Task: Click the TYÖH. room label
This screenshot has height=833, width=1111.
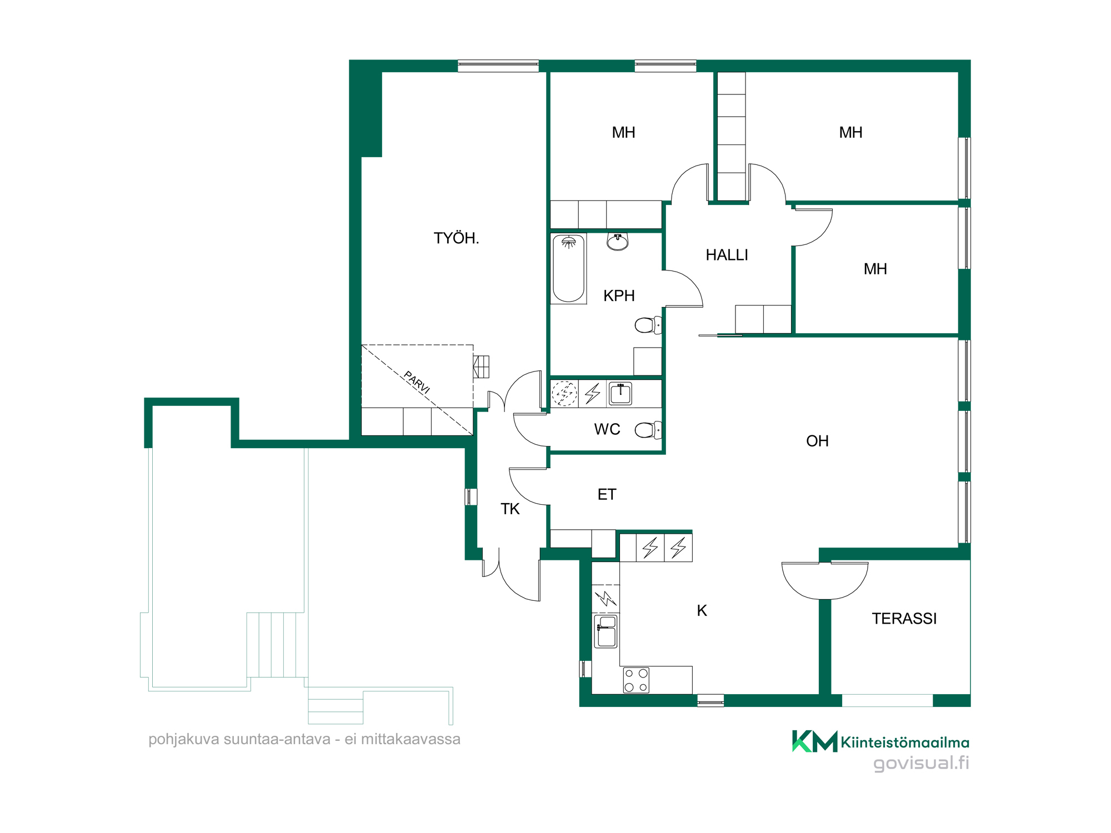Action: pos(456,238)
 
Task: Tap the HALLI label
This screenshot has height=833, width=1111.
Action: pos(727,255)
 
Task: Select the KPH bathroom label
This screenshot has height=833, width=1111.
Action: pos(619,295)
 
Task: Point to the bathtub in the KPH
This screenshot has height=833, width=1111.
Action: pos(568,268)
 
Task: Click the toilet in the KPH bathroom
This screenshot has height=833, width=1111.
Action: pos(648,325)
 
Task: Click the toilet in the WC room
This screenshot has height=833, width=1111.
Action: pos(648,429)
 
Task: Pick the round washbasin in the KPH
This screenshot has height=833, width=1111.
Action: pos(618,242)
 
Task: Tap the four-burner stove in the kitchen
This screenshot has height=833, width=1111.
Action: pos(636,680)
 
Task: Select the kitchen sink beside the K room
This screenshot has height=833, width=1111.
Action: pos(605,631)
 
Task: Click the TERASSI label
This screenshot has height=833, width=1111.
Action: pos(904,619)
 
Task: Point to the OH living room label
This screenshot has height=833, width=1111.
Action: pos(817,441)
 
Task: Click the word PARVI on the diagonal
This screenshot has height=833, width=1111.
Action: pos(417,383)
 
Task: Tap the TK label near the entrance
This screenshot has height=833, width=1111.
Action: pos(510,509)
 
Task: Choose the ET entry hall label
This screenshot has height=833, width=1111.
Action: pos(607,494)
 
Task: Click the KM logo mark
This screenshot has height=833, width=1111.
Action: pos(814,741)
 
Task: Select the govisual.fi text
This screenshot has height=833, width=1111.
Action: pos(922,763)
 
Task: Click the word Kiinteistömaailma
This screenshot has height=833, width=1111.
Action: pos(905,742)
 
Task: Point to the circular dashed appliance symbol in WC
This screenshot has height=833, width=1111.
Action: pos(564,394)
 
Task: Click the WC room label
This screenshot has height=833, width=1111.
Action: pos(607,429)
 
